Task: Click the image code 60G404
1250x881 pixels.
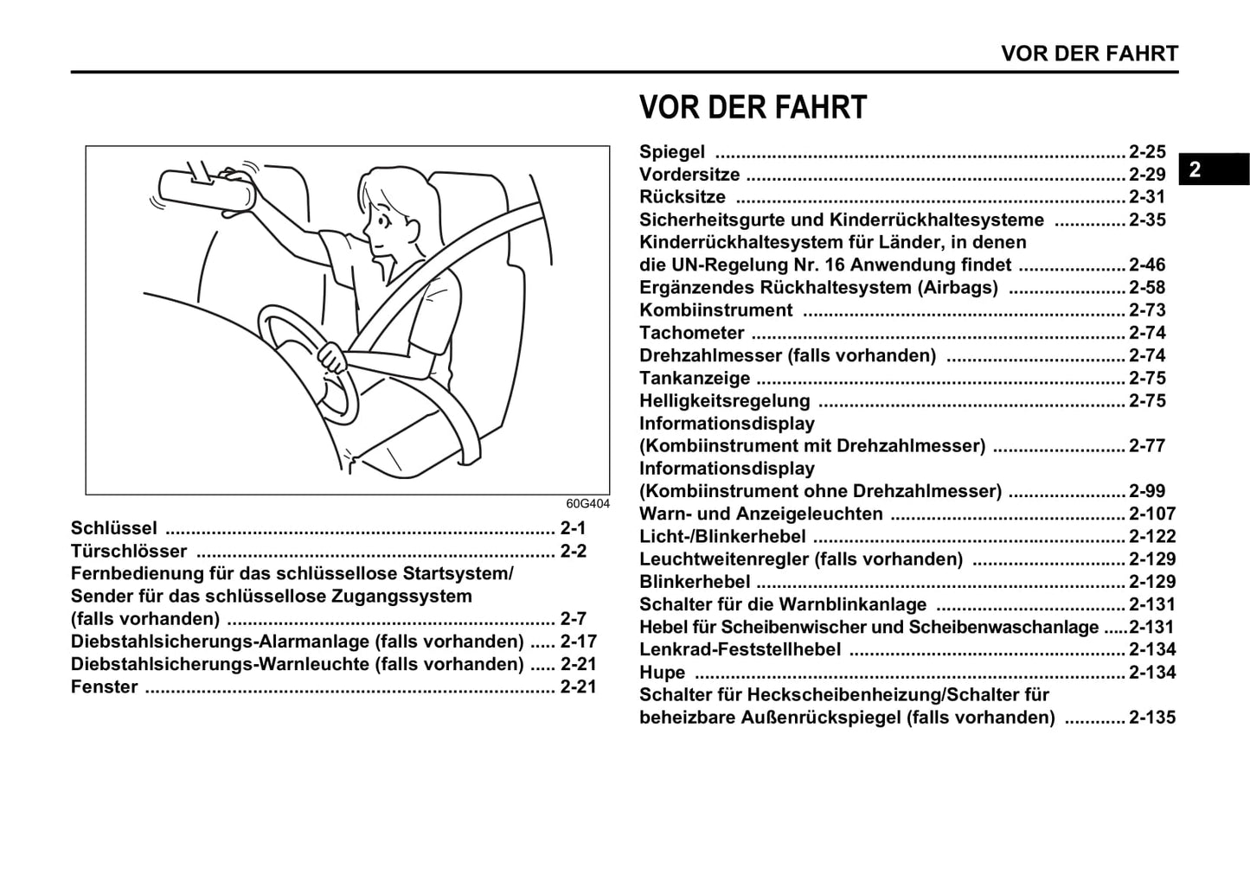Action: click(587, 503)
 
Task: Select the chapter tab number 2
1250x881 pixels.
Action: click(1195, 169)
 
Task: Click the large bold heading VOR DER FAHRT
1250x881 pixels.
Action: click(753, 108)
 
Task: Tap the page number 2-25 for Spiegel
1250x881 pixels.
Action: click(1147, 152)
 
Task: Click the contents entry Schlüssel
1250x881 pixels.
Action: click(114, 528)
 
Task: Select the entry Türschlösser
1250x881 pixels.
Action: click(129, 552)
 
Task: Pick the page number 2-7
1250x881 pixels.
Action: click(573, 619)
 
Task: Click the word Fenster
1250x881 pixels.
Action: click(105, 687)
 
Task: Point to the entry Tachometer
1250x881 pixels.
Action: click(691, 333)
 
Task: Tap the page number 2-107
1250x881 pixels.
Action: click(1152, 514)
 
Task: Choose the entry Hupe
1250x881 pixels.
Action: click(662, 673)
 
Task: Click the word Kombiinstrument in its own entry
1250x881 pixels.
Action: click(715, 310)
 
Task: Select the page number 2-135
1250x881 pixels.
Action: click(1152, 718)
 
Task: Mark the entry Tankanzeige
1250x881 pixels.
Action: click(695, 379)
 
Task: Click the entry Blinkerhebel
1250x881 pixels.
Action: click(695, 582)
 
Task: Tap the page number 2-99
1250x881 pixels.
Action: click(1147, 491)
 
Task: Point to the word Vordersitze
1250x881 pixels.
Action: click(689, 175)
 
